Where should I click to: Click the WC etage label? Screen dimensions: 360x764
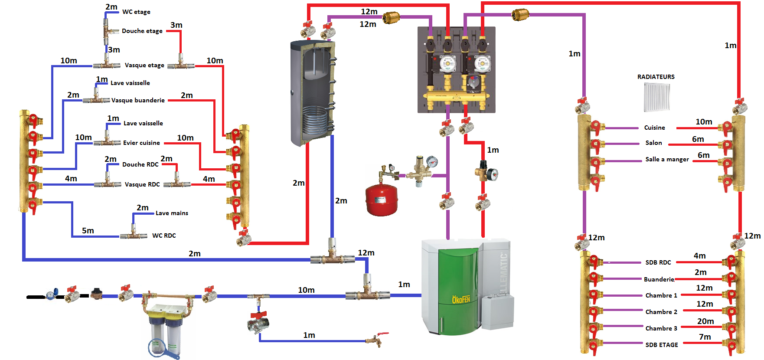[136, 12]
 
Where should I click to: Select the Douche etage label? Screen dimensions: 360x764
[142, 31]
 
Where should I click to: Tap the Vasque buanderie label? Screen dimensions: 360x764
[138, 100]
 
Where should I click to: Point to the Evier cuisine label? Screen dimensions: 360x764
[141, 143]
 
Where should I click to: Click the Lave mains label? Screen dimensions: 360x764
[172, 213]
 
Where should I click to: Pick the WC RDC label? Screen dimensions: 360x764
[164, 236]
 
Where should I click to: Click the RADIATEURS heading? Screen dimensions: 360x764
[656, 77]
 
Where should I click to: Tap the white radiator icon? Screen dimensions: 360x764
[657, 97]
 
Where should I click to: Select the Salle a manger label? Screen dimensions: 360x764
[667, 160]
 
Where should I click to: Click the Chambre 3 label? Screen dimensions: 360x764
[661, 328]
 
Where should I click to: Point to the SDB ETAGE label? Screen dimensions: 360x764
[661, 345]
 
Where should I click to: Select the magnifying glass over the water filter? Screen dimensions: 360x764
[158, 347]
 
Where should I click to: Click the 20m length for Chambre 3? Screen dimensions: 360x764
[705, 321]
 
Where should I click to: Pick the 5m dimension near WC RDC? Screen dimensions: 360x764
[88, 231]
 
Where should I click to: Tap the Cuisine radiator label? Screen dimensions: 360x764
[654, 128]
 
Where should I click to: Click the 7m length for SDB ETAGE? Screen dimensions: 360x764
[705, 337]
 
